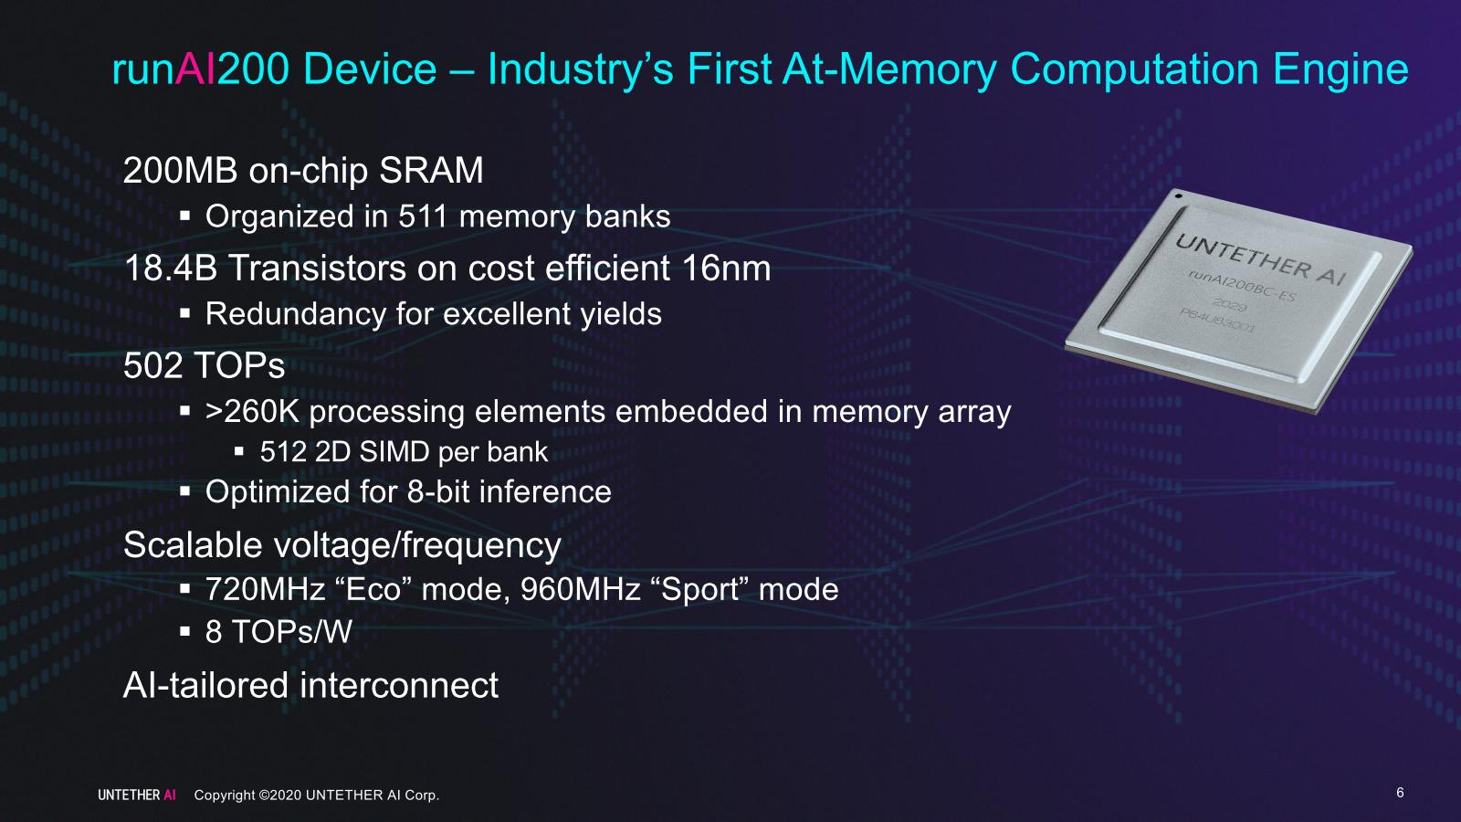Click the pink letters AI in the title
(x=195, y=69)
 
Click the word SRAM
(x=431, y=171)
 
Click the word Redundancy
(x=296, y=314)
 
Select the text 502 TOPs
(x=205, y=366)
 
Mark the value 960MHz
(x=581, y=590)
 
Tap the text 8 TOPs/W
(x=279, y=631)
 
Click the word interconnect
(x=399, y=686)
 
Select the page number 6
(x=1400, y=793)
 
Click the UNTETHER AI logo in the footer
(x=137, y=796)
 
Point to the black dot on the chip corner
(x=1178, y=195)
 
